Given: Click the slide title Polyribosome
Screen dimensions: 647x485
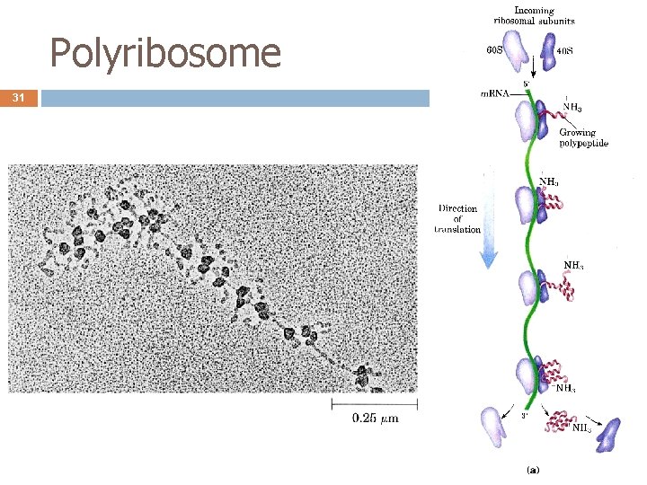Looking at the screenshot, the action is coord(165,54).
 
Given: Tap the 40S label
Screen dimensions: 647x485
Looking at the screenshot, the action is coord(565,50).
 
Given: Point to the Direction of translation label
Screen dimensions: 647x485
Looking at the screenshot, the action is coord(459,218).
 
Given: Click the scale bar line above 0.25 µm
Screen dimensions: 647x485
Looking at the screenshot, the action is coord(375,404).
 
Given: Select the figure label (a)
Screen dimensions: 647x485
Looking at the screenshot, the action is coord(533,468).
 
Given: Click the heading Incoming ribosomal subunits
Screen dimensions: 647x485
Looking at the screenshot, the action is coord(533,15).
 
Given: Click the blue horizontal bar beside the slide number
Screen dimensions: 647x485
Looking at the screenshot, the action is coord(235,98).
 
